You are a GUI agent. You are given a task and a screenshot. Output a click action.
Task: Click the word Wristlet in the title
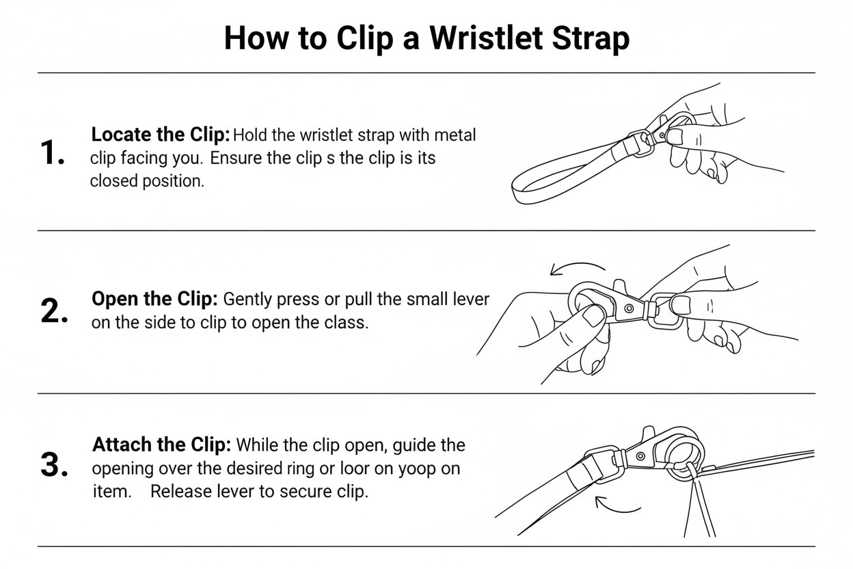[x=486, y=38]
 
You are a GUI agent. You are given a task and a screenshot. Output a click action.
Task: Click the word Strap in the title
[x=591, y=39]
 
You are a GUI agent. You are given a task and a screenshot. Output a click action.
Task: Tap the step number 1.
[x=52, y=153]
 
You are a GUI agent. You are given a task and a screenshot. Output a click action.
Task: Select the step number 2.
[x=54, y=311]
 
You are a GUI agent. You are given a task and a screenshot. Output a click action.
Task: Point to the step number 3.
[x=54, y=465]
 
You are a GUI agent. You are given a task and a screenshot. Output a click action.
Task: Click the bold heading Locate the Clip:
[x=161, y=135]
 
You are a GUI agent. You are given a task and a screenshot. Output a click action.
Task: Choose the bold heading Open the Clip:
[x=154, y=299]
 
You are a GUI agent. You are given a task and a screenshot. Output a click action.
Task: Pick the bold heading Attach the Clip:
[x=161, y=445]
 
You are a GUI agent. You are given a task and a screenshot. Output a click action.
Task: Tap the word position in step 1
[x=174, y=181]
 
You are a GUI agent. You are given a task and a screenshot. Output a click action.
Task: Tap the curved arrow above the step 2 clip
[x=578, y=267]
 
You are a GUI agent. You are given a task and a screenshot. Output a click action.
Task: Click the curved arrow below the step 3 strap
[x=618, y=505]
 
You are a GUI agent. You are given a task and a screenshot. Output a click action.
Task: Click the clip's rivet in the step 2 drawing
[x=629, y=308]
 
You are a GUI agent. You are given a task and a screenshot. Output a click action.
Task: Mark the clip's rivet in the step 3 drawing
[x=640, y=456]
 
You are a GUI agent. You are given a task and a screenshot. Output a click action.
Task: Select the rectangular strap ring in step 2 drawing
[x=664, y=310]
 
